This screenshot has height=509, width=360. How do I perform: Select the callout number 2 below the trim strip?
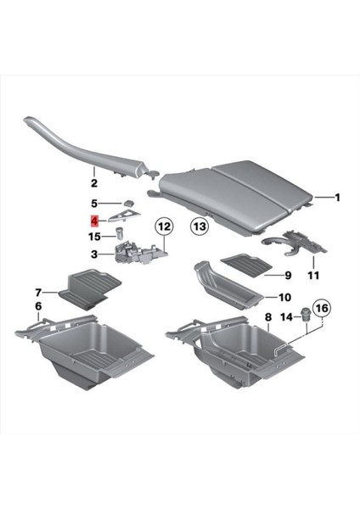point(94,182)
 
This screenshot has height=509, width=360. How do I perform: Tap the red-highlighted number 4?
point(96,219)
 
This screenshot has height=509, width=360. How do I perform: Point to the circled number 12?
point(163,227)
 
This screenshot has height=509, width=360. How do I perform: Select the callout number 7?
point(38,292)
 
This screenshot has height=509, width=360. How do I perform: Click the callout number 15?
point(95,235)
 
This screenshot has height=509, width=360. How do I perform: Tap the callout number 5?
point(95,204)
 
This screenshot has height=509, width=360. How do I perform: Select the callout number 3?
point(95,253)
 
